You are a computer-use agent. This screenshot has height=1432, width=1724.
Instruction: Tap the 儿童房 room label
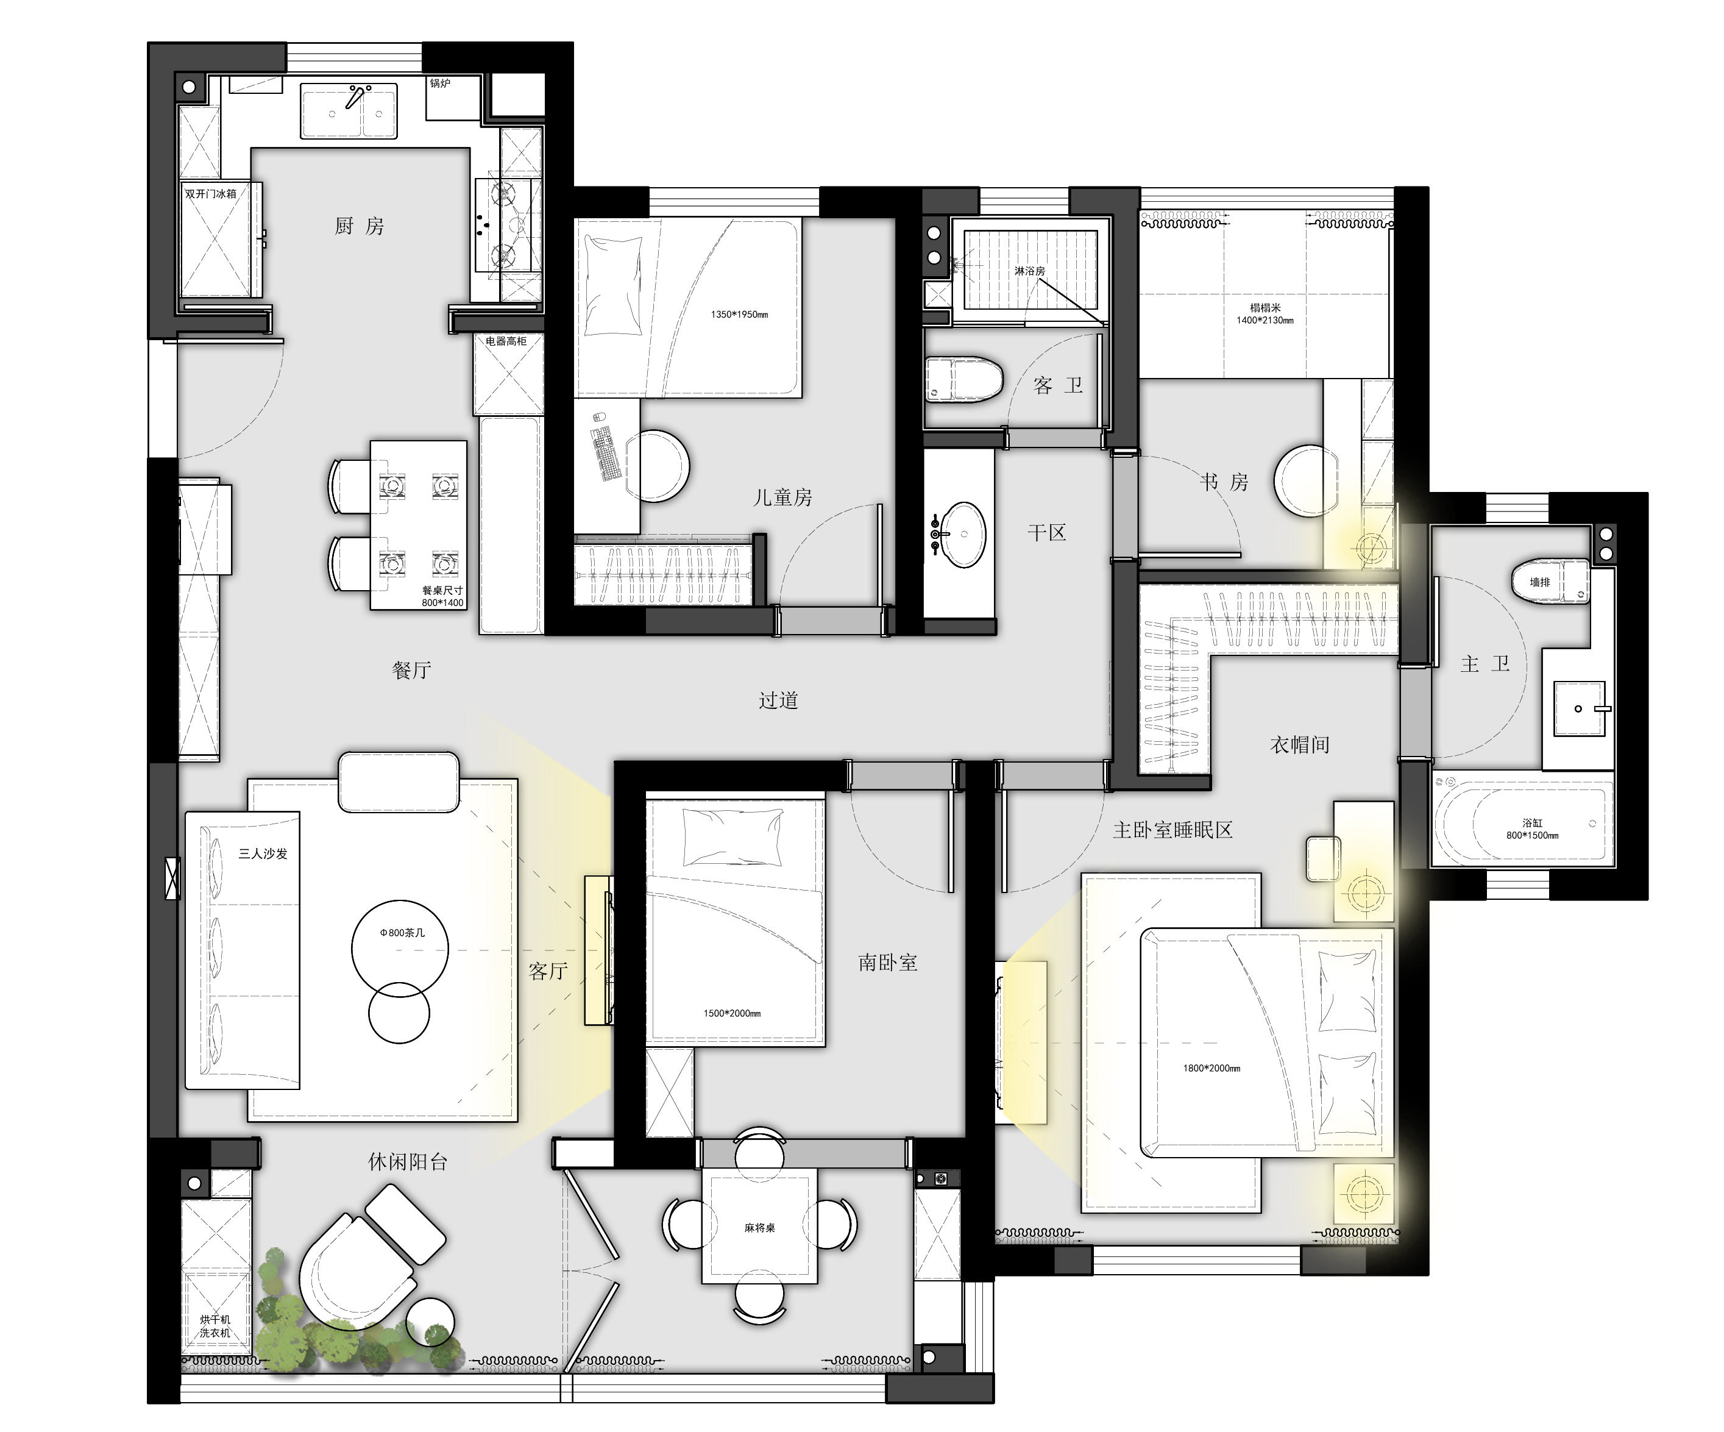pos(782,497)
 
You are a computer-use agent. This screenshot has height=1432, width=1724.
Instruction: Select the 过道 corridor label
pos(778,700)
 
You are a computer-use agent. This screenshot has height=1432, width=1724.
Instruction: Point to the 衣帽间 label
pos(1300,745)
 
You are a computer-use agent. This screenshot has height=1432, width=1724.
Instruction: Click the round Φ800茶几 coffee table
pos(400,949)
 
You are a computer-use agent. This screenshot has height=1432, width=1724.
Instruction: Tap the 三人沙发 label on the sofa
pos(263,854)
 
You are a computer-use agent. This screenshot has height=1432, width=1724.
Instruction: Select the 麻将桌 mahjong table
pos(759,1228)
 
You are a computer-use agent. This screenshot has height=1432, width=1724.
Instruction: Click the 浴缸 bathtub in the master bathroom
pos(1523,822)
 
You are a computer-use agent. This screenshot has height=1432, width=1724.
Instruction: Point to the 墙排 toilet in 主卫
pos(1550,582)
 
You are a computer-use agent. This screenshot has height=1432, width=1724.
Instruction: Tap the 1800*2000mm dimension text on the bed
pos(1211,1068)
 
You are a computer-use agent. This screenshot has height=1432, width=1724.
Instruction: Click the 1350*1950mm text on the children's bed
pos(740,315)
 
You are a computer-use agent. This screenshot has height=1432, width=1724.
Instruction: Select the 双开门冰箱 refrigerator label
pos(210,194)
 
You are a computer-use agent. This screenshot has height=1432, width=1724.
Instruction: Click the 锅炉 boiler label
pos(440,84)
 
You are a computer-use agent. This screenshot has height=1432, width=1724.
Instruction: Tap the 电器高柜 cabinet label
pos(506,341)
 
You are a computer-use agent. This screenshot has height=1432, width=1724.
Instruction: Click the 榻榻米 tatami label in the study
pos(1265,308)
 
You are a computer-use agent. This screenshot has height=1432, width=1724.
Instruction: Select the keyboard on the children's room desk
pos(606,451)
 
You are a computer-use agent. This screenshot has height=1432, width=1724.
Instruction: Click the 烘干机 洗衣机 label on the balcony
pos(215,1326)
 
